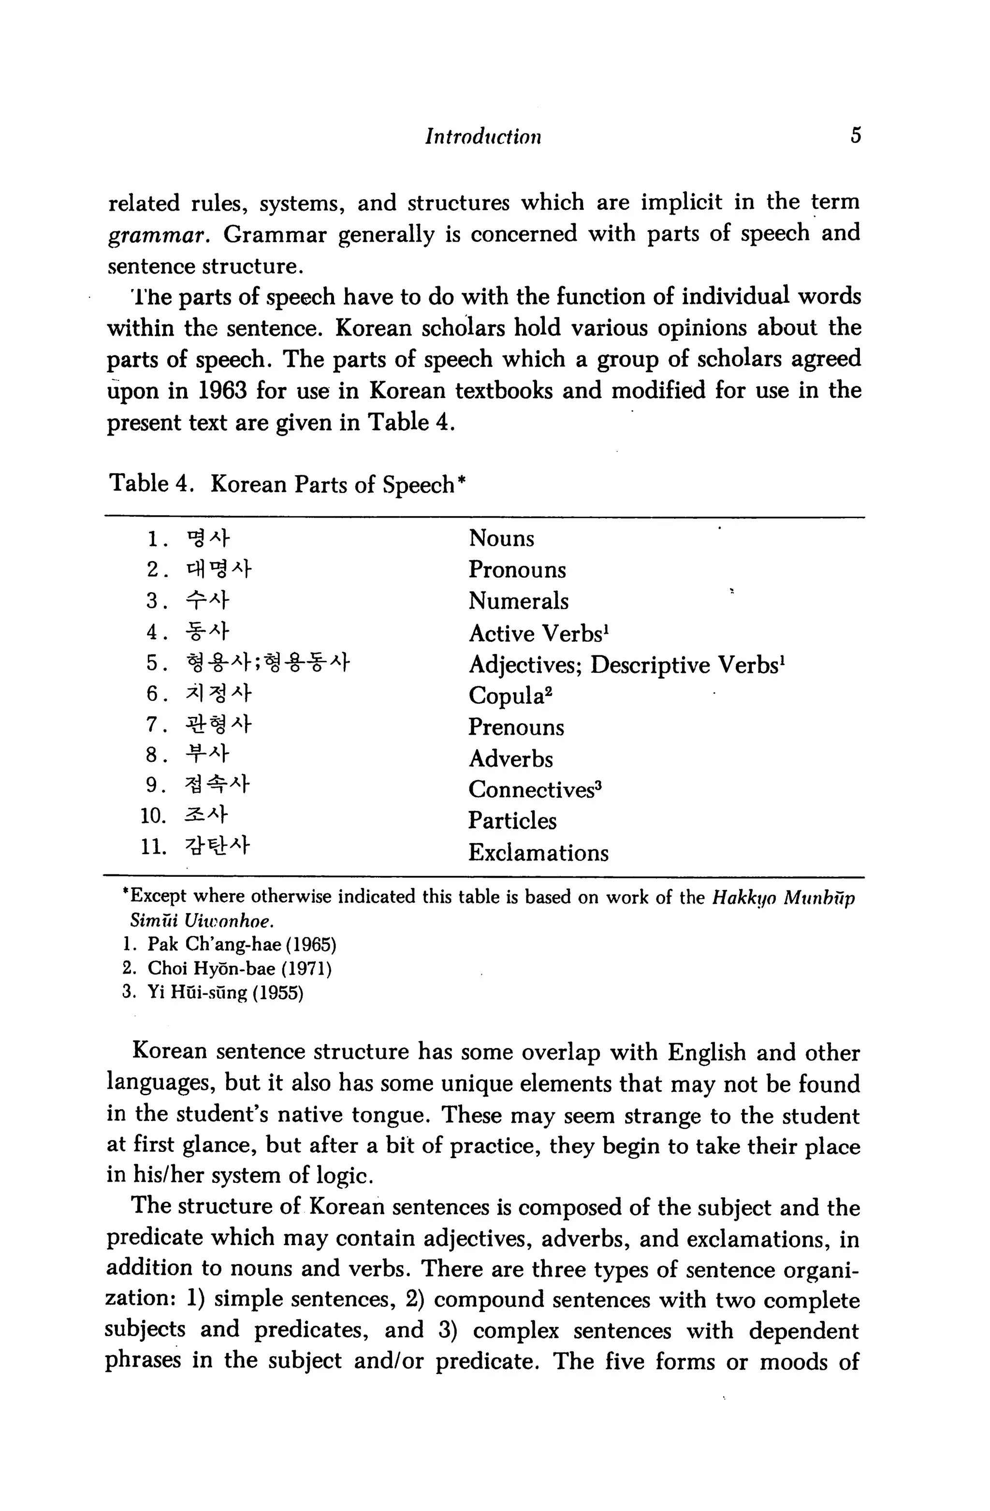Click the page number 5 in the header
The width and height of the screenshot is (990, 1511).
(x=856, y=135)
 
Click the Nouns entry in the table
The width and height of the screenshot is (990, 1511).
(x=501, y=538)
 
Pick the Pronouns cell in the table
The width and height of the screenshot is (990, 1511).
(x=517, y=569)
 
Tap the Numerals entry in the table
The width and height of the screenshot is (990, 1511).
(x=518, y=601)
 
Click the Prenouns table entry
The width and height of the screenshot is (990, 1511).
(x=516, y=727)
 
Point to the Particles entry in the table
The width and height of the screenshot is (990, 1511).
(x=512, y=821)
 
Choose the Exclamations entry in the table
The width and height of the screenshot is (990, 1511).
(x=538, y=853)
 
